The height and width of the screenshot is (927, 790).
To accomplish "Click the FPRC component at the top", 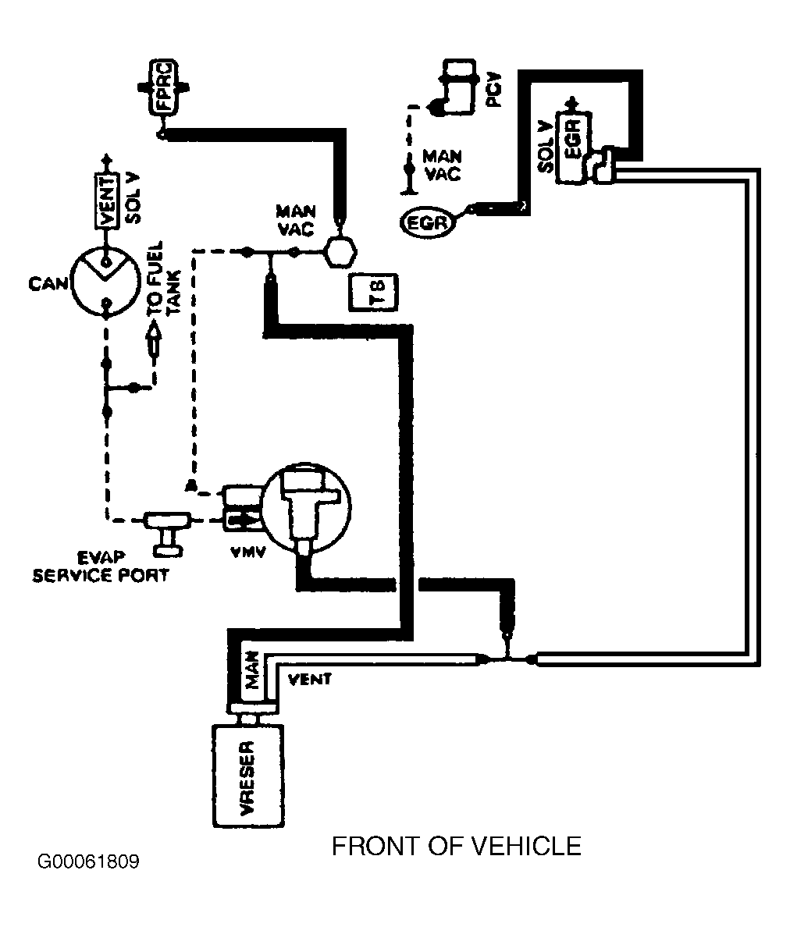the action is click(163, 89).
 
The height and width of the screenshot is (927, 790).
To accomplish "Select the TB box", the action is click(374, 292).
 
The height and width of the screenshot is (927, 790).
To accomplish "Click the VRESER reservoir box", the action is click(248, 776).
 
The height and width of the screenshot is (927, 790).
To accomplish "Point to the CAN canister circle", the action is click(106, 282).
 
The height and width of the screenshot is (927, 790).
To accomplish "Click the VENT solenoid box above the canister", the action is click(106, 202).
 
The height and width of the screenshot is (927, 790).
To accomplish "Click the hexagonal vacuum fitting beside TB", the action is click(340, 252).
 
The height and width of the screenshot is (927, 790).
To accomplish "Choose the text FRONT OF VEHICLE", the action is click(457, 847).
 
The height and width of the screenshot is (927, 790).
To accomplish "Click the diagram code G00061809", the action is click(88, 862).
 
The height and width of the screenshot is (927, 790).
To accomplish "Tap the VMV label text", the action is click(247, 552).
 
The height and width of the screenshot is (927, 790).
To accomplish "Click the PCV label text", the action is click(493, 89).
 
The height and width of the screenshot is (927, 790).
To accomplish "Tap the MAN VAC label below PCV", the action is click(443, 165).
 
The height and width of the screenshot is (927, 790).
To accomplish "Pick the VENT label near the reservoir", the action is click(309, 680).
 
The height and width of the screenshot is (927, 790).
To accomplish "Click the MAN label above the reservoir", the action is click(252, 670).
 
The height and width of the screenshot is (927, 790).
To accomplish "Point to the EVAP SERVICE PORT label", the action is click(101, 566).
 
